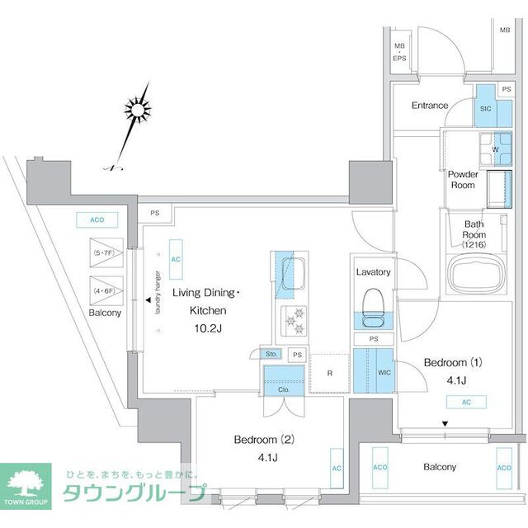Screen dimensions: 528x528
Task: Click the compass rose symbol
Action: pyautogui.click(x=137, y=110)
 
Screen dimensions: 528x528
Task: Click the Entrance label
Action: pyautogui.click(x=430, y=106)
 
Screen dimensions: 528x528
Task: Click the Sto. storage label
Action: pyautogui.click(x=270, y=355)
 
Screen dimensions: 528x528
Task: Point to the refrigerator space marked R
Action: pyautogui.click(x=328, y=372)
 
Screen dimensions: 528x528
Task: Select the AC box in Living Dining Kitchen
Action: pyautogui.click(x=175, y=257)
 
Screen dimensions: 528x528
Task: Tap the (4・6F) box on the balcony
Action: pyautogui.click(x=106, y=291)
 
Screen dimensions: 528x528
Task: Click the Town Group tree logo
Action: pyautogui.click(x=29, y=485)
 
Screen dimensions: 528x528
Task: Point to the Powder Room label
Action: pyautogui.click(x=462, y=179)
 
